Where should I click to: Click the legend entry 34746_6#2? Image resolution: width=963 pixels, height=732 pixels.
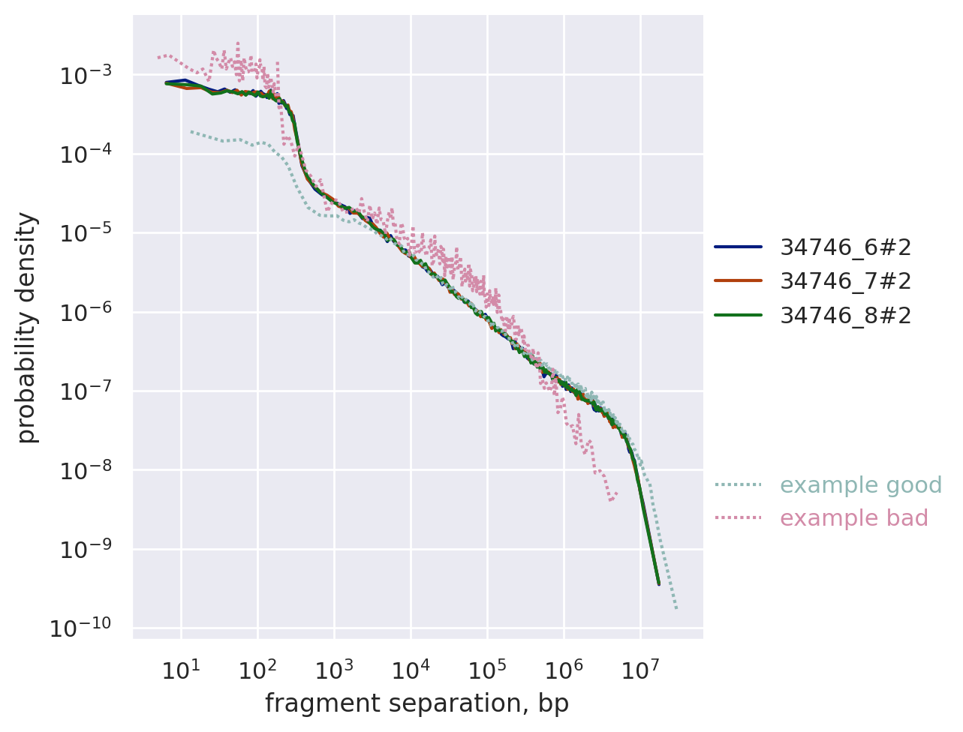pyautogui.click(x=846, y=247)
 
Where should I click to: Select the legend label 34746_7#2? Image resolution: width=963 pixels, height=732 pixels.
pyautogui.click(x=846, y=281)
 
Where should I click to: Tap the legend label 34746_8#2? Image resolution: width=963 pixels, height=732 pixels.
pyautogui.click(x=846, y=316)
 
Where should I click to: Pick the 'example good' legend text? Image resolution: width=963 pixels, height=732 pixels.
pyautogui.click(x=861, y=485)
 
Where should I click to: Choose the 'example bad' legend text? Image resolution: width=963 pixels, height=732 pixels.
pyautogui.click(x=854, y=518)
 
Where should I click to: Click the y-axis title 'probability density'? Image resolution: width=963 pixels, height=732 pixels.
pyautogui.click(x=27, y=328)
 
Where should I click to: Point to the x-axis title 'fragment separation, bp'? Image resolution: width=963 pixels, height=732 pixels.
pyautogui.click(x=417, y=703)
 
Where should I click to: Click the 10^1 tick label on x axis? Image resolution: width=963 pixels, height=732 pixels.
pyautogui.click(x=181, y=669)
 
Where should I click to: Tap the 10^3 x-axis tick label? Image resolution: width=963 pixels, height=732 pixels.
pyautogui.click(x=334, y=669)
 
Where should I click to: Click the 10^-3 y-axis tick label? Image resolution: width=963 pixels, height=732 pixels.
pyautogui.click(x=85, y=76)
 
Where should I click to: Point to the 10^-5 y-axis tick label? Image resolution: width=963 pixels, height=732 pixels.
pyautogui.click(x=85, y=233)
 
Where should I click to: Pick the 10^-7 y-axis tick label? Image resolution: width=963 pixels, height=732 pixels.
pyautogui.click(x=85, y=391)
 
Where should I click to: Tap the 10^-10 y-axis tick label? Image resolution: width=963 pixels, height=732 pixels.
pyautogui.click(x=81, y=628)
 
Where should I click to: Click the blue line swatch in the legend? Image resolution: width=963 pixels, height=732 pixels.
pyautogui.click(x=738, y=247)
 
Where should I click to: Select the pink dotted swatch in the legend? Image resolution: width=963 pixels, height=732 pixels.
pyautogui.click(x=738, y=518)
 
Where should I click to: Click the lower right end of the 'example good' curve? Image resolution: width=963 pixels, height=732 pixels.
pyautogui.click(x=676, y=608)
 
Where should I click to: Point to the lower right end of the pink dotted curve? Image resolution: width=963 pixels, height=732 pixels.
pyautogui.click(x=615, y=493)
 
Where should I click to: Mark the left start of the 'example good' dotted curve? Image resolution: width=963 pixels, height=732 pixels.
pyautogui.click(x=191, y=131)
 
